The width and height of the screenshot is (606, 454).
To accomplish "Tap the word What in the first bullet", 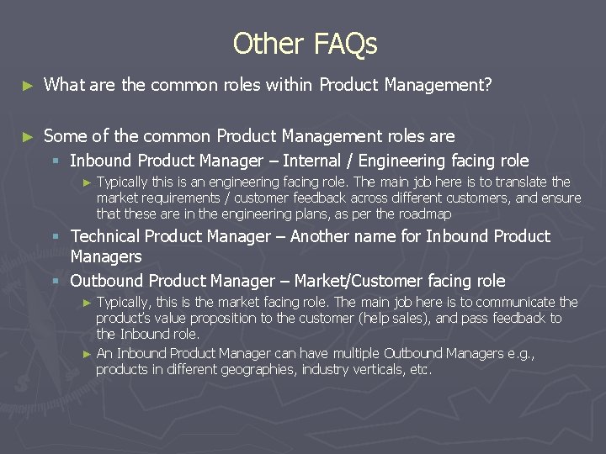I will click(x=62, y=84).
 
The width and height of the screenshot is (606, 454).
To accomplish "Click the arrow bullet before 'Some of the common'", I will click(x=28, y=136).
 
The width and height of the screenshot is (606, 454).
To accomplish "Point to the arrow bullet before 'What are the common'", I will click(x=28, y=85).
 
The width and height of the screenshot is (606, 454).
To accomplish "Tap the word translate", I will click(x=521, y=182).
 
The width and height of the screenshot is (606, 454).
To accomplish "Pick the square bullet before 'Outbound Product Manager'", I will click(x=56, y=282).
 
